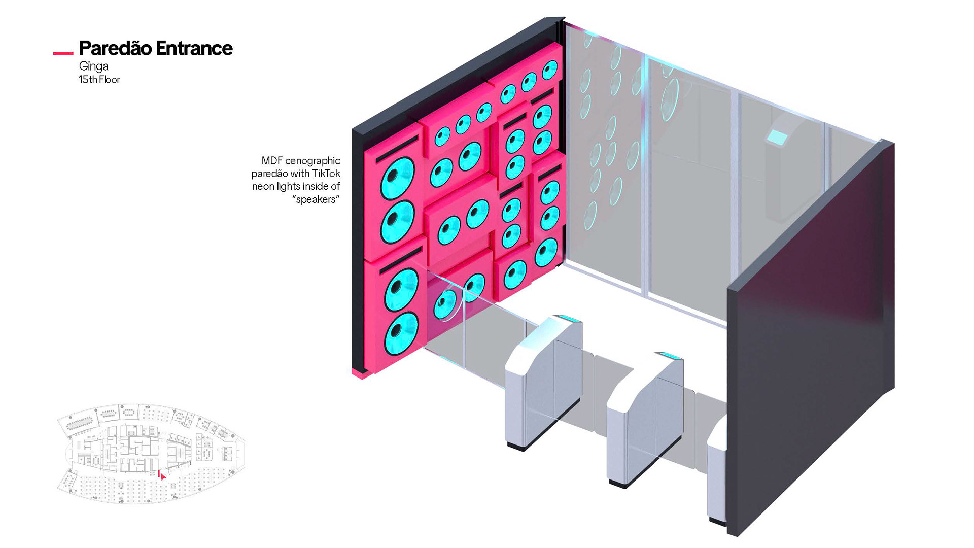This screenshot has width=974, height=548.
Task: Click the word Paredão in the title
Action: (116, 48)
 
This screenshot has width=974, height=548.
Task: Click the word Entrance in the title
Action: (194, 48)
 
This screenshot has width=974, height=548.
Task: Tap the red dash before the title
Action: (63, 53)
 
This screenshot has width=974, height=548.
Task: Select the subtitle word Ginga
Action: (94, 66)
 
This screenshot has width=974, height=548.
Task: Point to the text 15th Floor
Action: (99, 80)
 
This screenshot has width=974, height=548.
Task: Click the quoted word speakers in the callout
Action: (316, 199)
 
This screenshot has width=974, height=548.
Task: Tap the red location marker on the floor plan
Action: (161, 475)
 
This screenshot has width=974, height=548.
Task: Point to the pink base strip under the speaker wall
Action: (361, 374)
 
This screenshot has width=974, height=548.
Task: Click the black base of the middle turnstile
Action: (624, 483)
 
